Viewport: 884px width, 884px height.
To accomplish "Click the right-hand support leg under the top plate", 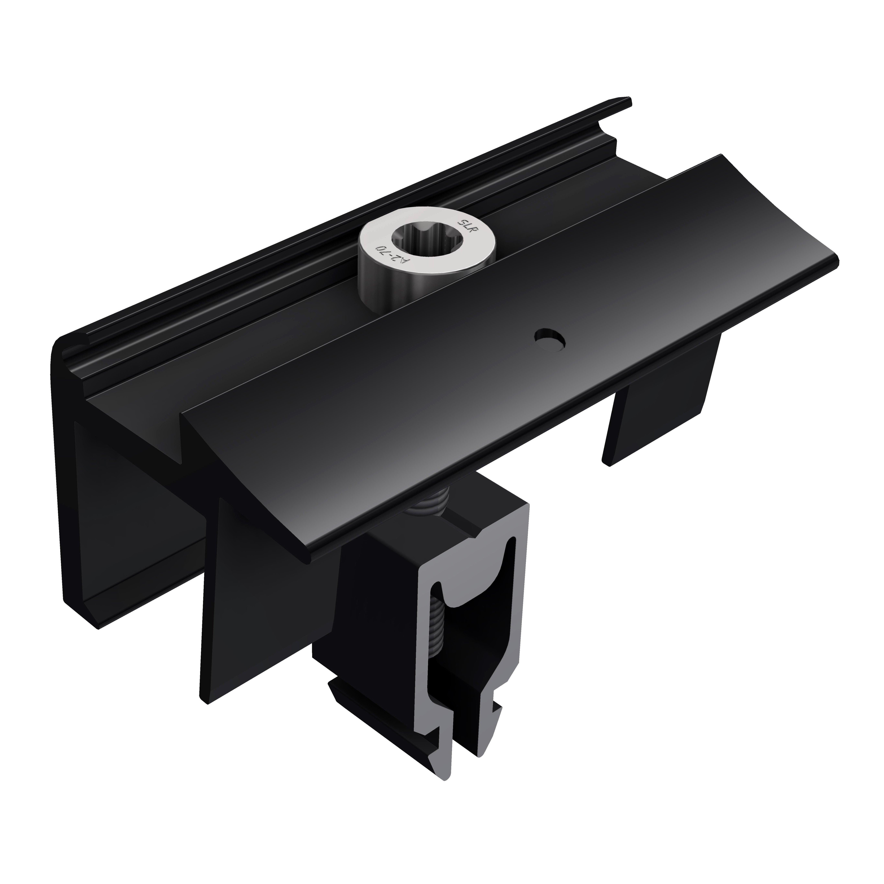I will [659, 403].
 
